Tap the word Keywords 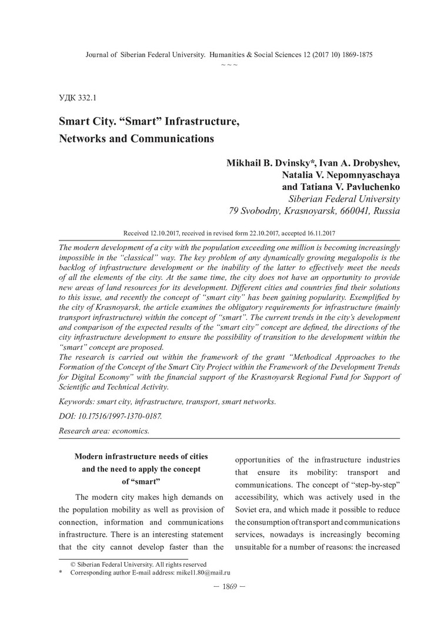point(78,402)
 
